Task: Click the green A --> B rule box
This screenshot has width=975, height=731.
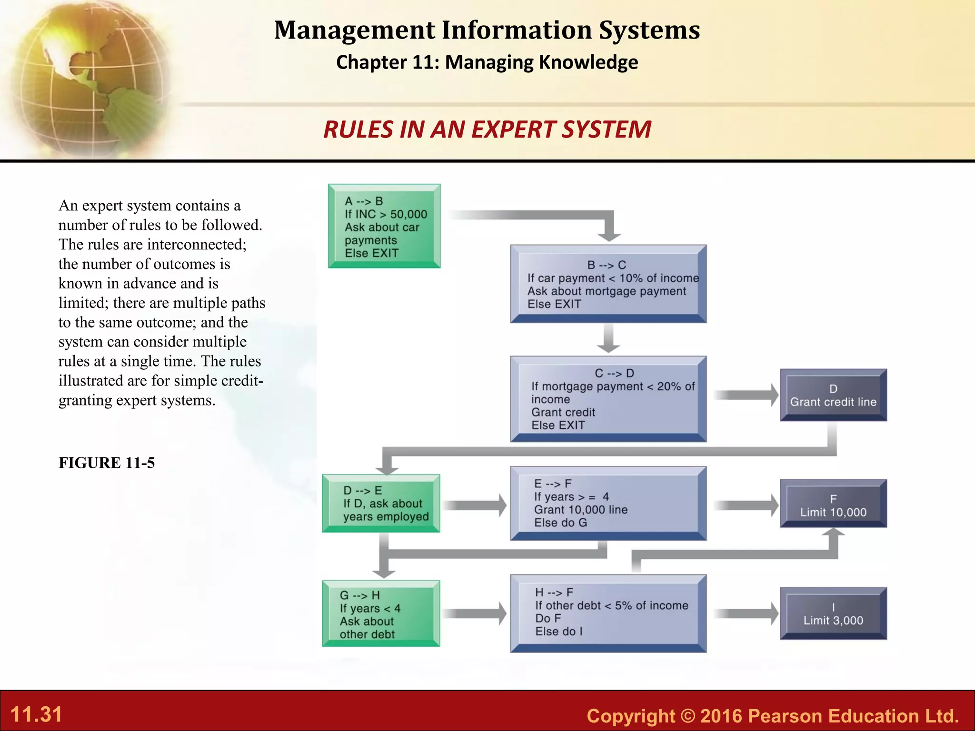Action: click(384, 226)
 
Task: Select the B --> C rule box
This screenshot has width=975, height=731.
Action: click(608, 284)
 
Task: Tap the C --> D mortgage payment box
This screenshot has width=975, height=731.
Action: click(608, 399)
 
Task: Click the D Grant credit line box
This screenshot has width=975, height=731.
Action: click(833, 395)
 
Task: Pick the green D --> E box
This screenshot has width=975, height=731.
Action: click(381, 503)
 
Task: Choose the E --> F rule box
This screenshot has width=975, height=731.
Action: click(608, 503)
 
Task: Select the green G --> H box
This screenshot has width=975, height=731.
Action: click(381, 613)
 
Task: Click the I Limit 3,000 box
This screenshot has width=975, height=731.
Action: click(833, 613)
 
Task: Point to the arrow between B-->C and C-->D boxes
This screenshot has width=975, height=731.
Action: click(608, 338)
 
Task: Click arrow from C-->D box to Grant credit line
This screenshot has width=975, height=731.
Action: click(745, 395)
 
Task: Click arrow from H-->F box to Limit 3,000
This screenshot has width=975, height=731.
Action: click(745, 613)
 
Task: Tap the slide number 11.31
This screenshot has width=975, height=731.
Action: click(36, 714)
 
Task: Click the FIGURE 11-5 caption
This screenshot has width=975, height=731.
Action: click(107, 463)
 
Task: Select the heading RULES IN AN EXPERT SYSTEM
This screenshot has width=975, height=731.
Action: click(487, 129)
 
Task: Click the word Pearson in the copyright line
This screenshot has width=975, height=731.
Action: click(785, 716)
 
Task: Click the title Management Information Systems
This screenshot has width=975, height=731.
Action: click(487, 30)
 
